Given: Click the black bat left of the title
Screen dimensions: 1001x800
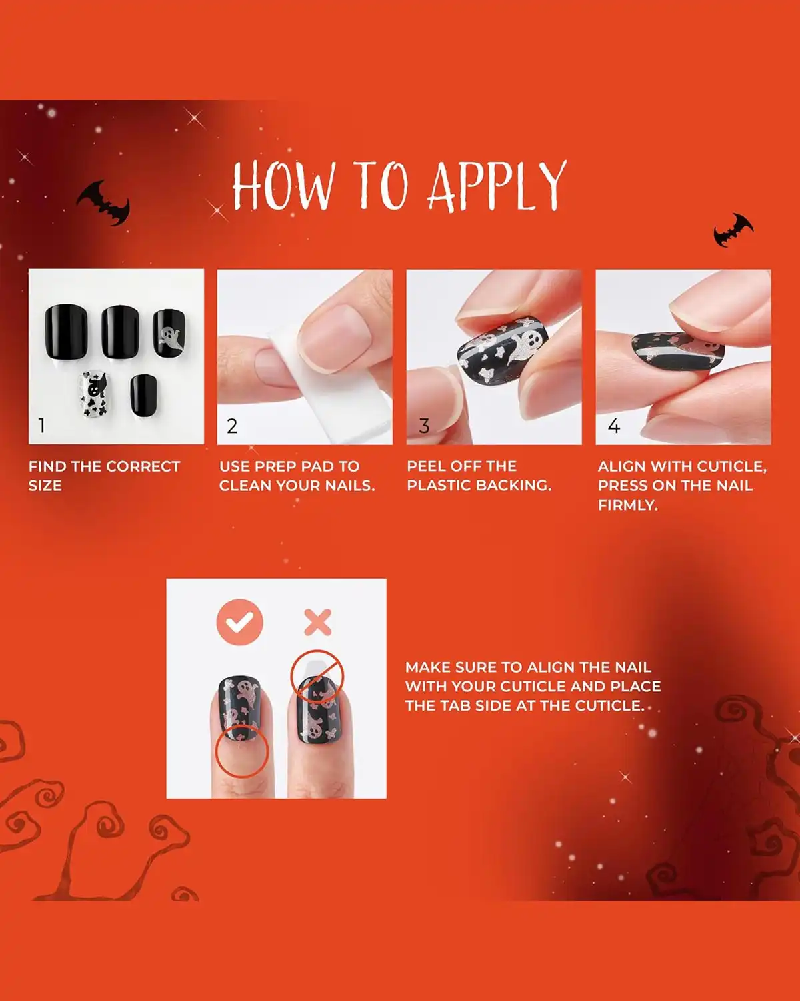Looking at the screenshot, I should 104,202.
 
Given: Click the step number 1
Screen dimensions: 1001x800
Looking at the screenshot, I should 42,425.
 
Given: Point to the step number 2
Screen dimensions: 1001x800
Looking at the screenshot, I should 232,426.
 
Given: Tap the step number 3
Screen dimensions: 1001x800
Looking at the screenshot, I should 424,426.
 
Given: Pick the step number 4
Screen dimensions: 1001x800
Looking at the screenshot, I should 614,426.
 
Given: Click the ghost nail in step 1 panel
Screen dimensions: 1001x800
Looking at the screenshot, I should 169,332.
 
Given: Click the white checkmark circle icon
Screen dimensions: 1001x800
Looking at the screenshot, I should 240,622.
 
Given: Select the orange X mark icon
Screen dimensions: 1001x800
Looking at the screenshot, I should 318,622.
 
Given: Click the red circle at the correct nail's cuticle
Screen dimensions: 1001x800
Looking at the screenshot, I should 241,751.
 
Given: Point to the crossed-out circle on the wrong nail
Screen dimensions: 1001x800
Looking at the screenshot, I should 317,675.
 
